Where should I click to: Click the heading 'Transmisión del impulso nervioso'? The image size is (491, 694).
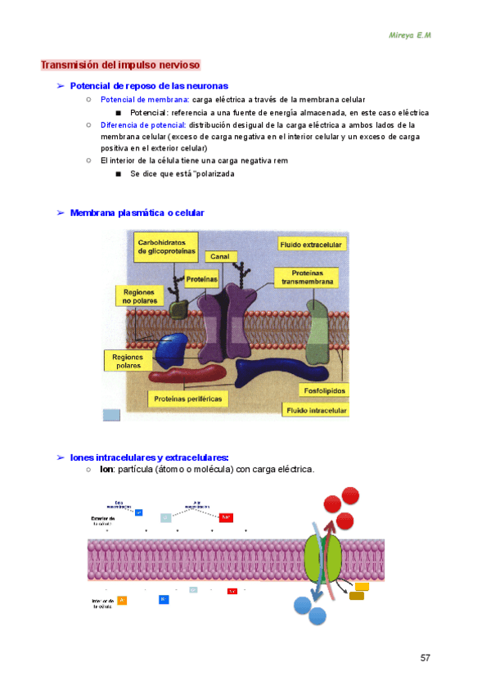(120, 65)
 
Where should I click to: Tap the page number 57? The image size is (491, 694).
(426, 658)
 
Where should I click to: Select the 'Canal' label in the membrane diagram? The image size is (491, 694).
(219, 256)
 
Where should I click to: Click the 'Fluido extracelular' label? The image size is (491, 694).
(312, 244)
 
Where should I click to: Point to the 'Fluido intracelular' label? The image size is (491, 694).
(315, 409)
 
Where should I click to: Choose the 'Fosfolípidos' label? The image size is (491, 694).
(324, 390)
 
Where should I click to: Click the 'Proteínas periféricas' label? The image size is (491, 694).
(188, 399)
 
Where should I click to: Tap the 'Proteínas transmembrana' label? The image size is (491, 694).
(307, 277)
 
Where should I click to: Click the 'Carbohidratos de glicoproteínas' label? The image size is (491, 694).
(167, 246)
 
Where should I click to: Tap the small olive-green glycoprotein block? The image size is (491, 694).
(178, 309)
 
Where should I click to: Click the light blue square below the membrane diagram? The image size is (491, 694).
(111, 414)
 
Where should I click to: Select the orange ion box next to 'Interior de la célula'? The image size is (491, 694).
(122, 601)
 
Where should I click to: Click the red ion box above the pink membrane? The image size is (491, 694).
(226, 516)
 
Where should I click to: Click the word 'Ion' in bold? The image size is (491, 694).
(106, 470)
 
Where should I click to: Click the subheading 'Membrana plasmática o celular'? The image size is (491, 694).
(137, 213)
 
